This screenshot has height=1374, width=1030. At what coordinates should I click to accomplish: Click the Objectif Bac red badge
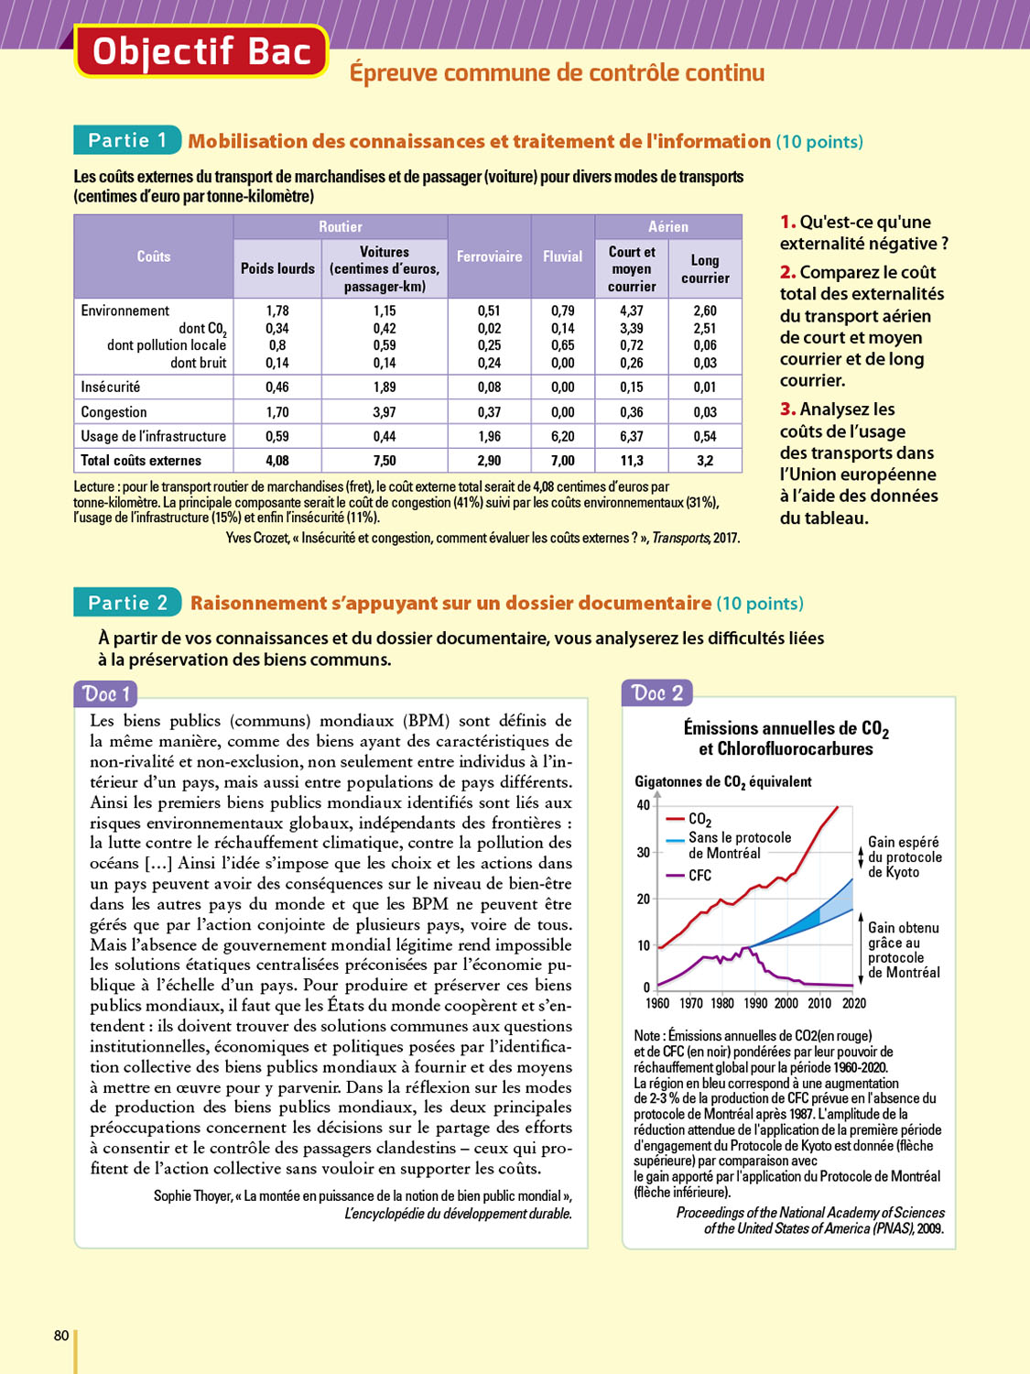click(201, 51)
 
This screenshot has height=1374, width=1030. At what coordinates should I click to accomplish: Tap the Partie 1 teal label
click(127, 140)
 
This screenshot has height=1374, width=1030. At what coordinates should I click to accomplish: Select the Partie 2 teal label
click(127, 603)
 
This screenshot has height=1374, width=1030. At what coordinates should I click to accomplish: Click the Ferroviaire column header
click(489, 256)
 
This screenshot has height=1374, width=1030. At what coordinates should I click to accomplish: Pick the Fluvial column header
click(562, 256)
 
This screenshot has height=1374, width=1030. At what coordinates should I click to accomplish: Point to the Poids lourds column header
click(277, 268)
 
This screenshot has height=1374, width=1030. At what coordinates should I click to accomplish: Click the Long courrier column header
click(705, 269)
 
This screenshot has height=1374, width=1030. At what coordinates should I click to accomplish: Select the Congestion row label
click(114, 412)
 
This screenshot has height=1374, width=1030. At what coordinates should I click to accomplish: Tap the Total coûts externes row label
click(141, 460)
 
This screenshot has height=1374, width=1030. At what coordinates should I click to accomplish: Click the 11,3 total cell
click(632, 460)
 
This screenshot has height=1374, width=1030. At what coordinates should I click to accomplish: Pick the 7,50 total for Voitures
click(385, 460)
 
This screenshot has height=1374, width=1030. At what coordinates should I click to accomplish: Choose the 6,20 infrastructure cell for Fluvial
click(562, 436)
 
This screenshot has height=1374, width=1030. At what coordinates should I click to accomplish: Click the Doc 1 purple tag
click(106, 693)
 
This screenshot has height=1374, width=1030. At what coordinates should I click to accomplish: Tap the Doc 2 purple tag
click(656, 692)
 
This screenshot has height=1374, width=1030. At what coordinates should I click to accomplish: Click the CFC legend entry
click(699, 876)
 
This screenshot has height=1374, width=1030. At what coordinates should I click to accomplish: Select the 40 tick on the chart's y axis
click(643, 805)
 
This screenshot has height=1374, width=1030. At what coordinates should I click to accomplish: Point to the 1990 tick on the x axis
click(755, 1003)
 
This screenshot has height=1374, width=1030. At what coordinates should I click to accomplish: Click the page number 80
click(61, 1336)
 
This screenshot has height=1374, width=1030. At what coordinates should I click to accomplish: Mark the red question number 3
click(787, 409)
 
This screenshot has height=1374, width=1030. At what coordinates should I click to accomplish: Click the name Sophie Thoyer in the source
click(192, 1195)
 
